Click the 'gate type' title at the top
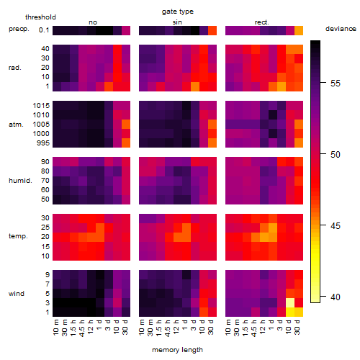click(x=178, y=12)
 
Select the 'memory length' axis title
click(x=177, y=350)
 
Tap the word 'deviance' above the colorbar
click(x=341, y=29)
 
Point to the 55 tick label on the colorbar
click(x=336, y=84)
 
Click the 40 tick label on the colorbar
click(x=336, y=297)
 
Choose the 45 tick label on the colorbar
click(x=336, y=226)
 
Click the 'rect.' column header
click(x=262, y=22)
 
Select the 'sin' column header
click(x=177, y=22)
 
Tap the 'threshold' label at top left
click(x=40, y=17)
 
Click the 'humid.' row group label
click(x=20, y=181)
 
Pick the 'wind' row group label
click(x=17, y=294)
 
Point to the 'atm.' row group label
click(x=16, y=125)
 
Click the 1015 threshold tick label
click(x=41, y=106)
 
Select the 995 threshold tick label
click(x=43, y=143)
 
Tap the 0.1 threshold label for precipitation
click(x=44, y=30)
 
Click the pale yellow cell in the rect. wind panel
click(x=290, y=302)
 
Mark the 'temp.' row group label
click(x=18, y=236)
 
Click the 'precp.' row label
click(x=19, y=29)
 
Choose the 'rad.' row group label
click(x=15, y=68)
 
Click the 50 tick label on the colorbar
click(x=336, y=155)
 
